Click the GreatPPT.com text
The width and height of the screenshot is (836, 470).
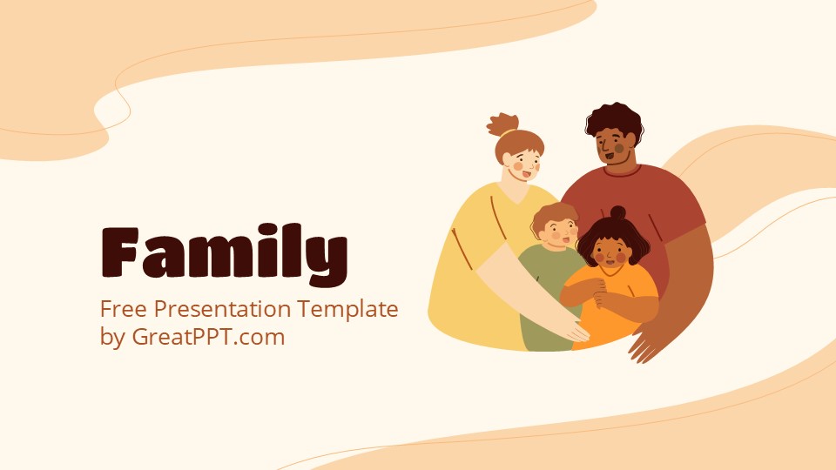click(x=208, y=337)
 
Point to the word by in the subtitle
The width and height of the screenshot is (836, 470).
click(x=112, y=338)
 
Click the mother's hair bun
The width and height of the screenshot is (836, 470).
click(x=502, y=124)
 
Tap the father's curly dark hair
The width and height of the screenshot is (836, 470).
click(x=613, y=120)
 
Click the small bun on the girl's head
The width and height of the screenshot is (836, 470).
click(x=617, y=213)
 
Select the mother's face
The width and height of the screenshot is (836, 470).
click(x=524, y=164)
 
